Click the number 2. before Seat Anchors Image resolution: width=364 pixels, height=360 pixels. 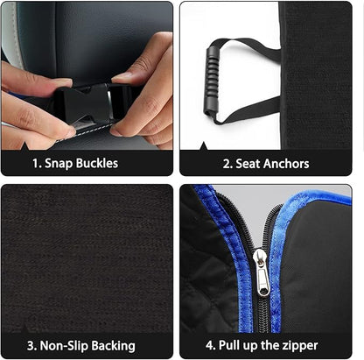point(227,163)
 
